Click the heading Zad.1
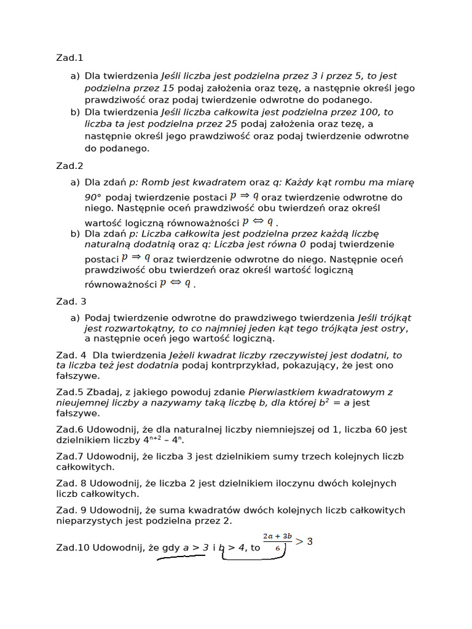pos(69,58)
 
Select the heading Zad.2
pos(69,166)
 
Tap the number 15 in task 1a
pos(168,88)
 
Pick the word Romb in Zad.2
pos(155,182)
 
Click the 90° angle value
pos(93,198)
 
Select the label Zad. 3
pos(71,302)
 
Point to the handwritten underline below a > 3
pos(181,559)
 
